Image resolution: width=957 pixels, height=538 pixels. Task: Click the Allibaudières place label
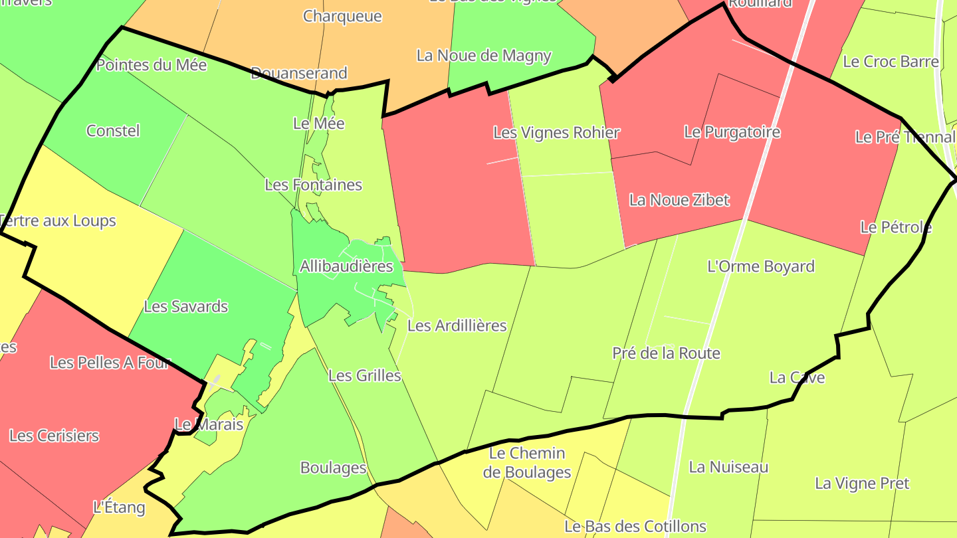(x=346, y=266)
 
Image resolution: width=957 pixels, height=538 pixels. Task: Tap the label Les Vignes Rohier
(x=556, y=132)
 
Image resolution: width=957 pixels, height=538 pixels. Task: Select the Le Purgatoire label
(x=732, y=132)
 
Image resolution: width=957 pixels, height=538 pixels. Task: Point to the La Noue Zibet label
(x=679, y=199)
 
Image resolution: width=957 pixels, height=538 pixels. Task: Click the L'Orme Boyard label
(x=761, y=266)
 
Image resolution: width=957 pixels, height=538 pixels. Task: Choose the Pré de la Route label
(x=666, y=353)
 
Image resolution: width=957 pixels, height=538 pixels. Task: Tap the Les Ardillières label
(x=457, y=325)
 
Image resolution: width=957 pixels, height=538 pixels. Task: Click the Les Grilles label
(x=365, y=375)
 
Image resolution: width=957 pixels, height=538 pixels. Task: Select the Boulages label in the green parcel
(x=333, y=468)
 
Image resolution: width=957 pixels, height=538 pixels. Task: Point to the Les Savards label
(x=185, y=306)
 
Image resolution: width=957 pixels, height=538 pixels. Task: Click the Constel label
(x=113, y=130)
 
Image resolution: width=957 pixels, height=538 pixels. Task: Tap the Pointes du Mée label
(x=152, y=64)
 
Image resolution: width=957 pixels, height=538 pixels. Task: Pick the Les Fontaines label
(x=313, y=184)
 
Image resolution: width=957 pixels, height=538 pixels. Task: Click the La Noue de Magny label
(x=484, y=55)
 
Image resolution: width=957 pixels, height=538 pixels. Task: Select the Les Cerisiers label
(x=54, y=436)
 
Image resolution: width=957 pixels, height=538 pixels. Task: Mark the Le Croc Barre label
(x=891, y=61)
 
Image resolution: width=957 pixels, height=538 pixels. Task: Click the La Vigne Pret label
(x=862, y=483)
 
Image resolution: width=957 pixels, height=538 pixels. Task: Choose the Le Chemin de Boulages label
(x=527, y=463)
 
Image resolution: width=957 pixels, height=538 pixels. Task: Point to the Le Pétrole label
(x=896, y=227)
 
